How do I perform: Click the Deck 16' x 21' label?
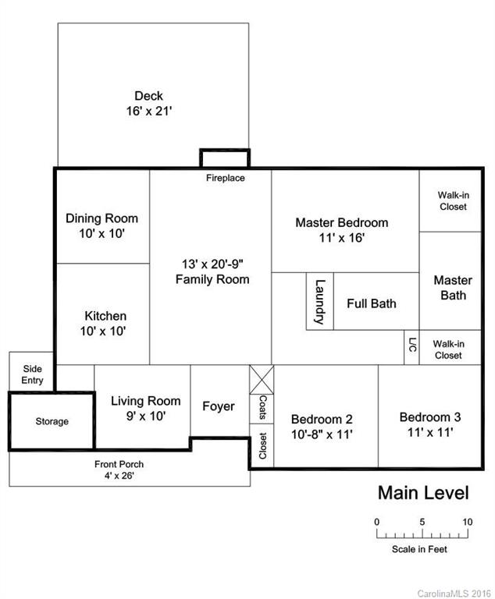click(148, 104)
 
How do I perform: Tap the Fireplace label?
click(225, 178)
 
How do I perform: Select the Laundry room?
click(319, 301)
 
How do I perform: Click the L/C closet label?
click(411, 346)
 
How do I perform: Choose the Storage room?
click(52, 421)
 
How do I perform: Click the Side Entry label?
click(32, 374)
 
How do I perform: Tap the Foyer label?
click(219, 406)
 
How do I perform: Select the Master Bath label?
click(453, 287)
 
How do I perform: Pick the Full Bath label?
click(371, 303)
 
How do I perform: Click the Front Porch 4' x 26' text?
click(119, 470)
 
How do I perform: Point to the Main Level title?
click(423, 493)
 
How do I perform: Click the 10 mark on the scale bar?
click(467, 522)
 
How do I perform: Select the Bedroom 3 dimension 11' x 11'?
click(429, 431)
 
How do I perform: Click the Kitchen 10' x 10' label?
click(105, 323)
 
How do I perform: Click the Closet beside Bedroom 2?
click(262, 445)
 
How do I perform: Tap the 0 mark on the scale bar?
click(376, 522)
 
